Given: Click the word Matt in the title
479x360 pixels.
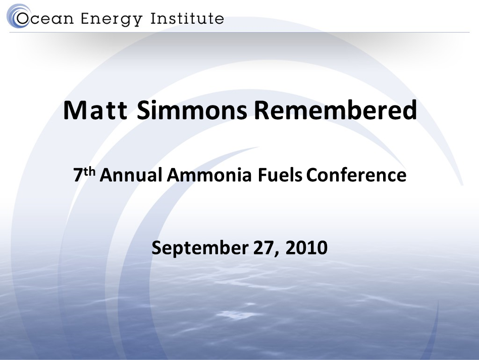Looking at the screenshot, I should (x=94, y=111).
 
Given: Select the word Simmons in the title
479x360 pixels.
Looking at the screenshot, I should (x=192, y=111).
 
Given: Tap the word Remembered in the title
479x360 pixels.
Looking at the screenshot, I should (x=335, y=111).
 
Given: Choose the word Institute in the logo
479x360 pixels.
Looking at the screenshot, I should (x=187, y=19).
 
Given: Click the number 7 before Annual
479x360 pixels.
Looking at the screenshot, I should (x=78, y=175).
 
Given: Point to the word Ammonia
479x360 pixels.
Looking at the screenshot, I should (x=209, y=175).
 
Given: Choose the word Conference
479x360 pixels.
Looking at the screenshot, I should (x=357, y=175).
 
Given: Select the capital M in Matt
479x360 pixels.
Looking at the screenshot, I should (x=74, y=111).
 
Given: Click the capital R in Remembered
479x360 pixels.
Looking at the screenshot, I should (x=261, y=111).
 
